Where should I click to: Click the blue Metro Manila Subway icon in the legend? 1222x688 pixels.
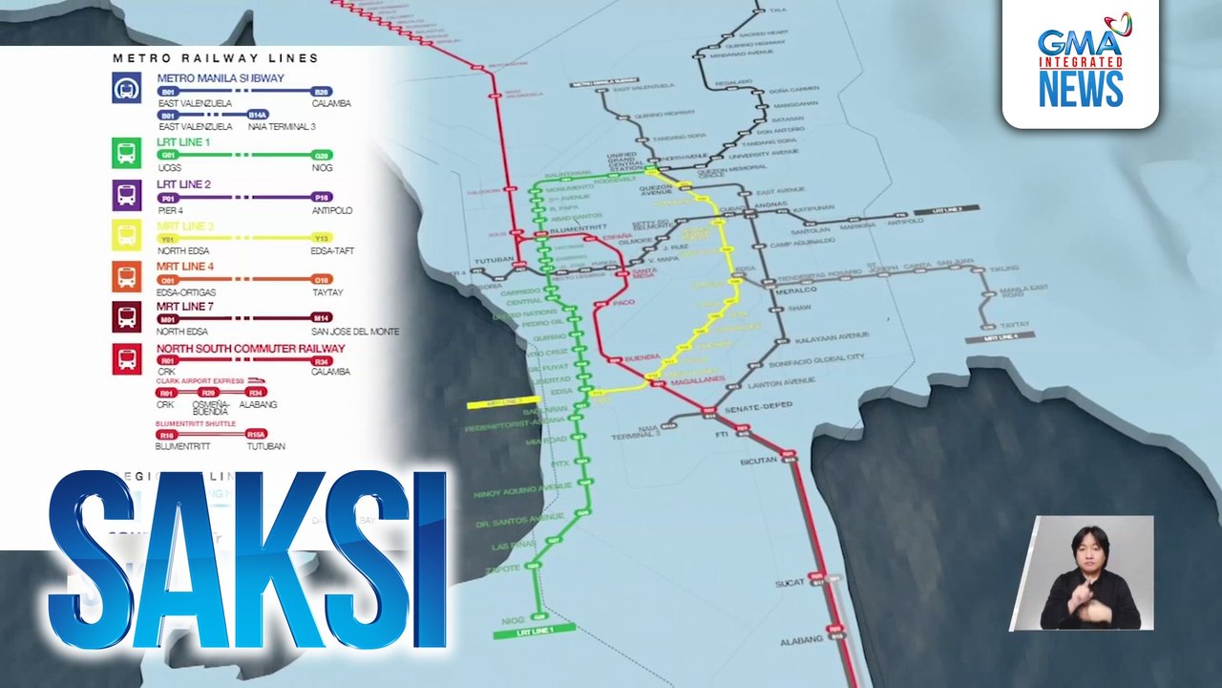[126, 89]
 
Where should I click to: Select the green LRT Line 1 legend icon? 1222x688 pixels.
[126, 153]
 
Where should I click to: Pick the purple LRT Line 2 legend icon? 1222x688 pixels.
[126, 195]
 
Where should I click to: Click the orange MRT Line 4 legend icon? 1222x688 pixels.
[126, 277]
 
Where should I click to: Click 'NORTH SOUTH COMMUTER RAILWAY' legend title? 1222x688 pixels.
[250, 349]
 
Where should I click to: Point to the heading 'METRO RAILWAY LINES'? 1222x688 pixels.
[216, 58]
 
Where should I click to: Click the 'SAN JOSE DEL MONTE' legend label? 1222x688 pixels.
[355, 332]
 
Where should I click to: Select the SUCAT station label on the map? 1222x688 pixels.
[790, 583]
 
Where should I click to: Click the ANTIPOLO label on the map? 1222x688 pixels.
[906, 223]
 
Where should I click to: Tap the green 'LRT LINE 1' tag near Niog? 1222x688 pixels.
[535, 632]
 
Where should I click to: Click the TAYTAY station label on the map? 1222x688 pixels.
[1015, 325]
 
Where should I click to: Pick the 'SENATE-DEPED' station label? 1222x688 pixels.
[760, 408]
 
